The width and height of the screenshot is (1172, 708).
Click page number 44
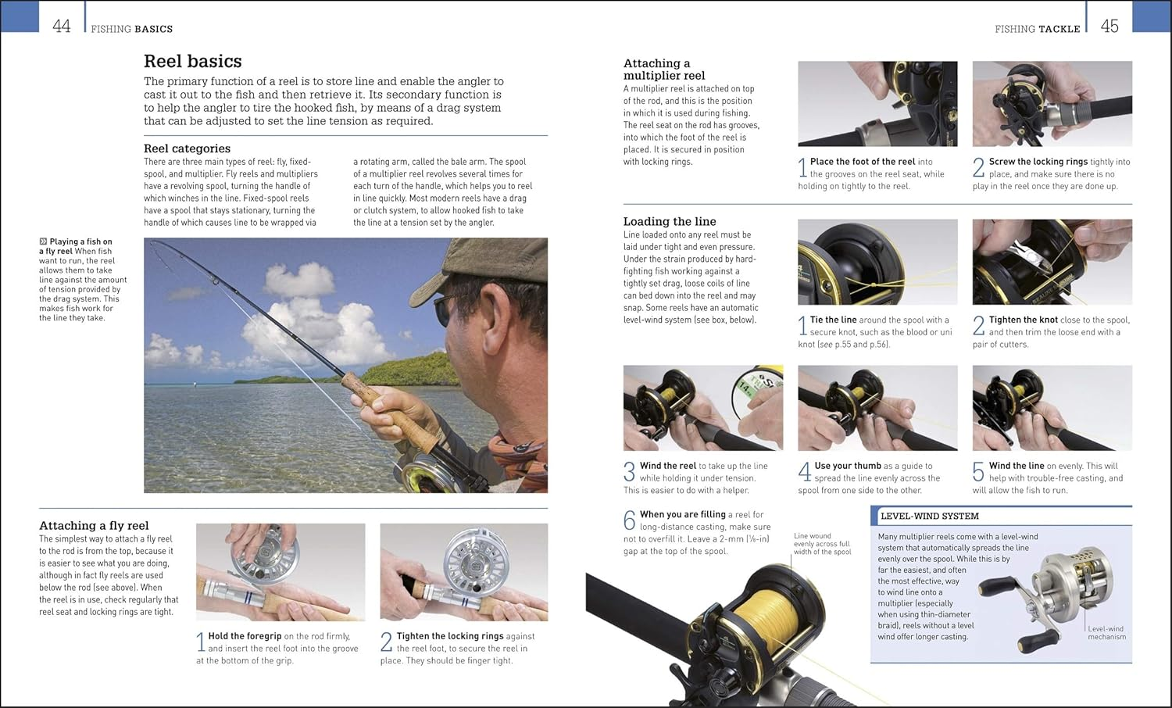pos(61,27)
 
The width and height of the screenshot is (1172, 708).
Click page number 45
pos(1109,27)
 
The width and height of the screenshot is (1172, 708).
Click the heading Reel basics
pos(192,61)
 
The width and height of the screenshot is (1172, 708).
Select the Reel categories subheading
pos(187,148)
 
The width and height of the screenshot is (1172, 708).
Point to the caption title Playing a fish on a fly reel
pos(76,246)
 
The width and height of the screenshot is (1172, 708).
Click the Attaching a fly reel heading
pos(94,526)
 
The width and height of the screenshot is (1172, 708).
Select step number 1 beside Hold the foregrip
pos(201,642)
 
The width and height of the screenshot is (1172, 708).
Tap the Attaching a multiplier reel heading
pos(663,70)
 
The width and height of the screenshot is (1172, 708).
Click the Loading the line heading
pos(670,221)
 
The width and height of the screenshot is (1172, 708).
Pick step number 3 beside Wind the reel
pos(629,472)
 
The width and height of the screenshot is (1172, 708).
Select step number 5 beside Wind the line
pos(978,472)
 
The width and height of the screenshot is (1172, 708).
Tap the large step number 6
pos(629,520)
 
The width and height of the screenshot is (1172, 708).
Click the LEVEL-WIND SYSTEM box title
pos(929,516)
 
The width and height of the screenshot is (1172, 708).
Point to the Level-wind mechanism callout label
pos(1106,633)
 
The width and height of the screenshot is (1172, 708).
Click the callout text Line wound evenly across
pos(821,544)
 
